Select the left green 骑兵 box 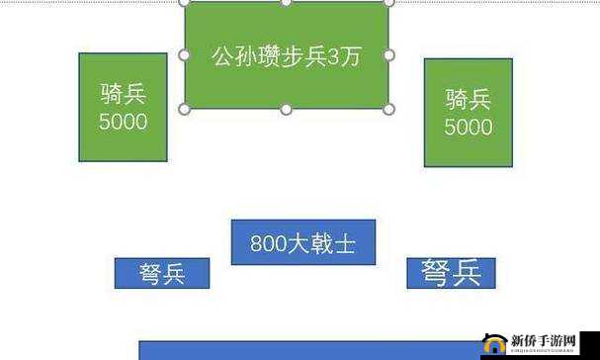tap(123, 107)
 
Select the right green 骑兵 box tap(468, 112)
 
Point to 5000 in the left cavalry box tap(123, 122)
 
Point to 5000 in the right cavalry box tap(468, 127)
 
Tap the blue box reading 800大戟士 tap(302, 242)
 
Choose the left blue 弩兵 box tap(162, 274)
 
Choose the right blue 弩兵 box tap(451, 273)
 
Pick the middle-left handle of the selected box tap(184, 55)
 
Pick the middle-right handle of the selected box tap(388, 55)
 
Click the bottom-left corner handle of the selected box tap(184, 109)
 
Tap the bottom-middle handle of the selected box tap(286, 109)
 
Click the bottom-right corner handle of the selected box tap(388, 109)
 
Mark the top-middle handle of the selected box tap(286, 2)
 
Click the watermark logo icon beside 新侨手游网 tap(491, 344)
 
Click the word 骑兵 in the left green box tap(123, 95)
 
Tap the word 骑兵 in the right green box tap(468, 100)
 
